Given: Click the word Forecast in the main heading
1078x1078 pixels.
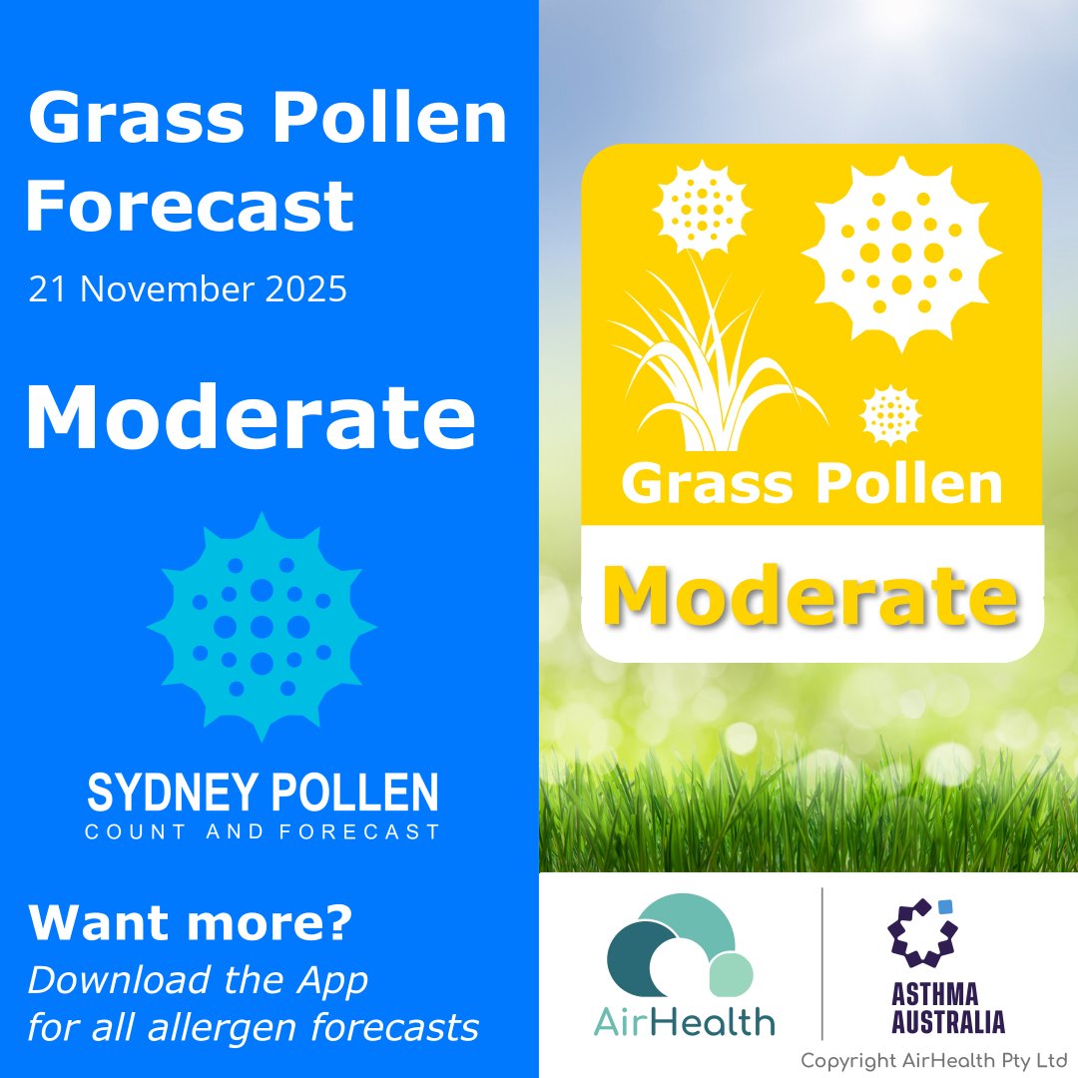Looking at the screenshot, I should pyautogui.click(x=190, y=206).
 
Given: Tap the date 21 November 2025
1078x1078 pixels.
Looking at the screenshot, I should pyautogui.click(x=188, y=289).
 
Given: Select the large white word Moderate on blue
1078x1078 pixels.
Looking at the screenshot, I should pyautogui.click(x=250, y=417).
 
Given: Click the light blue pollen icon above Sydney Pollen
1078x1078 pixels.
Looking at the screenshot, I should pyautogui.click(x=262, y=627).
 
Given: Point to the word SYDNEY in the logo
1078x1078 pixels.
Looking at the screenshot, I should pyautogui.click(x=164, y=793).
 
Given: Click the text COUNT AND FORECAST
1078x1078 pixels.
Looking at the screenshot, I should pyautogui.click(x=263, y=831).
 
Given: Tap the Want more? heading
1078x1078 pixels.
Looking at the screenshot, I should pyautogui.click(x=190, y=923).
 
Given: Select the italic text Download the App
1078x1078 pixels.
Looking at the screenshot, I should pyautogui.click(x=198, y=980).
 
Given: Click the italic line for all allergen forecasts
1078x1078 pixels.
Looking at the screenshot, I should pyautogui.click(x=254, y=1026).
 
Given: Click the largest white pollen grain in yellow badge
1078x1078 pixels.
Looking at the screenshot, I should pyautogui.click(x=901, y=253).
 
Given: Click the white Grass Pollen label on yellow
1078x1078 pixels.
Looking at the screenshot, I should pyautogui.click(x=811, y=484).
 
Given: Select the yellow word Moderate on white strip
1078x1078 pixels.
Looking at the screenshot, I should pyautogui.click(x=810, y=597).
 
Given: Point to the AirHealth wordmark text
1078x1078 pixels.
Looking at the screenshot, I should pyautogui.click(x=687, y=1022).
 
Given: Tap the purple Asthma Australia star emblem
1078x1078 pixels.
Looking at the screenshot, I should pyautogui.click(x=921, y=934).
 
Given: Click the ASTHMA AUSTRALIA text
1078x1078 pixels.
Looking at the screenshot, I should pyautogui.click(x=934, y=1008).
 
